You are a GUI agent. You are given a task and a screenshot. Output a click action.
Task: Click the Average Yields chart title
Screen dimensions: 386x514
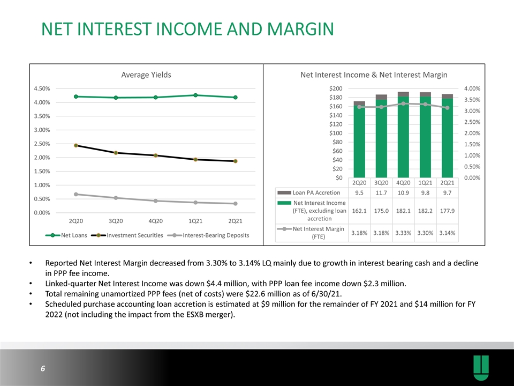(x=146, y=75)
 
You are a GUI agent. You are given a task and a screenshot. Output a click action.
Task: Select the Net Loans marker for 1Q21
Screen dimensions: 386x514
(x=195, y=95)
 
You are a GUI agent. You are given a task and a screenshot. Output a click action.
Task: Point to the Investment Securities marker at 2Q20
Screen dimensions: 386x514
(x=75, y=145)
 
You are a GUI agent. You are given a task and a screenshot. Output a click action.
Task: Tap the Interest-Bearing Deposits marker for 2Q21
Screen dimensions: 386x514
(x=235, y=204)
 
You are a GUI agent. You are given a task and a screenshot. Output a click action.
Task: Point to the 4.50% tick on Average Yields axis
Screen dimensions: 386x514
(x=41, y=88)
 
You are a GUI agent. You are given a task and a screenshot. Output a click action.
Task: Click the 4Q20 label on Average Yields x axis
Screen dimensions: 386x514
(x=155, y=221)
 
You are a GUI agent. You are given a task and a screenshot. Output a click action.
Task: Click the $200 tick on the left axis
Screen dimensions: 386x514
(x=336, y=88)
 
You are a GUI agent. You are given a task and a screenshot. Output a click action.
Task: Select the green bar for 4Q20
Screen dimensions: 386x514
(x=403, y=139)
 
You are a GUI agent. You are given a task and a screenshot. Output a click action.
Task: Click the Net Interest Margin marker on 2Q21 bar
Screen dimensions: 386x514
(x=447, y=108)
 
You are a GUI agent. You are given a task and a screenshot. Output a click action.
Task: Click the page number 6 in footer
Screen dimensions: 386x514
(x=42, y=369)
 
